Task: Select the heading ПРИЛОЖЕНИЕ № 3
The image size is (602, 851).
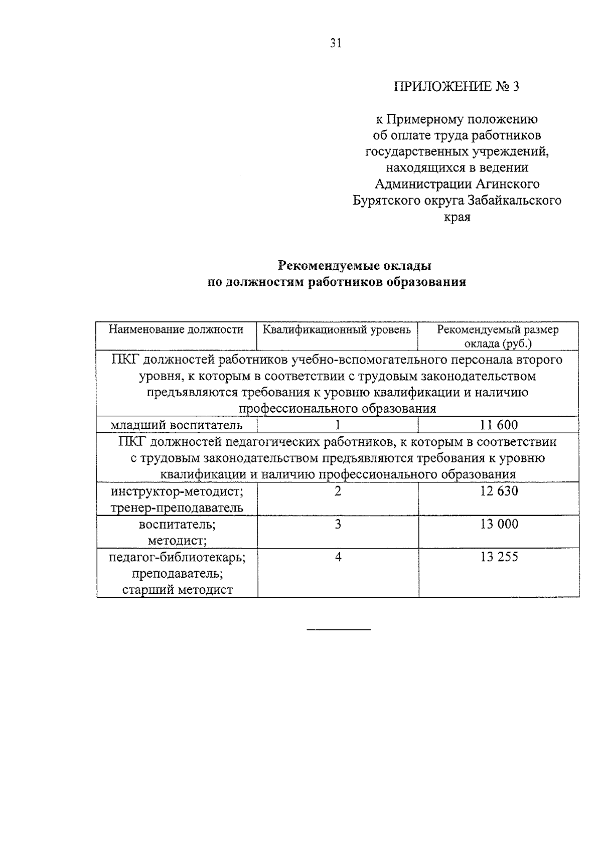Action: click(x=456, y=87)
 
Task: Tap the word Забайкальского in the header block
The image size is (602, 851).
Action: click(x=514, y=201)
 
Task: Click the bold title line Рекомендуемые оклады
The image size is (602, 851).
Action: click(x=355, y=265)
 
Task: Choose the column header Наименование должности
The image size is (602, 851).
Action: click(x=176, y=329)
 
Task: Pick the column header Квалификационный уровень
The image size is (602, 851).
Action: click(x=337, y=329)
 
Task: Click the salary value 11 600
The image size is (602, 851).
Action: click(x=498, y=425)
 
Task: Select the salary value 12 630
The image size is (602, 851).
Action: click(x=498, y=491)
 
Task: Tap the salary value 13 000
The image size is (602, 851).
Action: click(x=498, y=524)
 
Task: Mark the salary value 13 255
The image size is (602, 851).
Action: click(x=498, y=557)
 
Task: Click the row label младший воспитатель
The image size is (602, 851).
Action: click(x=176, y=425)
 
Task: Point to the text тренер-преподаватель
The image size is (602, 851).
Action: click(x=177, y=507)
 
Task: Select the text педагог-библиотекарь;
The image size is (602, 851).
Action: click(x=177, y=557)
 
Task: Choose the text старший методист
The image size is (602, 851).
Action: click(x=177, y=590)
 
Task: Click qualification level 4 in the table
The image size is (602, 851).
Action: click(x=338, y=557)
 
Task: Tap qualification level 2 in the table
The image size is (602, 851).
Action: click(x=338, y=491)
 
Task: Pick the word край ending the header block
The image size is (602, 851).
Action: click(x=458, y=218)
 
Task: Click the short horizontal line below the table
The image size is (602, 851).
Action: click(x=339, y=629)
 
